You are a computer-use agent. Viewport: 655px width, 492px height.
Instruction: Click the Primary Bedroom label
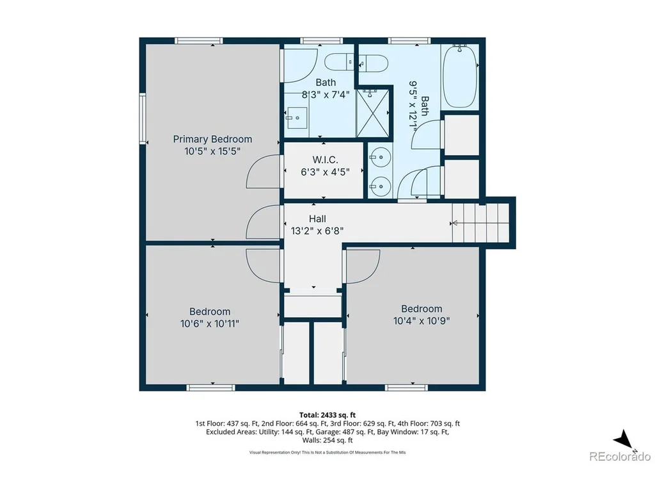click(212, 139)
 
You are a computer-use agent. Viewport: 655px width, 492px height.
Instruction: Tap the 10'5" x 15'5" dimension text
click(212, 151)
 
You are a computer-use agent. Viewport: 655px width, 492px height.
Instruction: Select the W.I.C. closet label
click(326, 160)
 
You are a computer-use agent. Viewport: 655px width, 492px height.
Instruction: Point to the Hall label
click(317, 218)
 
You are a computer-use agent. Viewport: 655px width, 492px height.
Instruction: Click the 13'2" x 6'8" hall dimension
click(317, 231)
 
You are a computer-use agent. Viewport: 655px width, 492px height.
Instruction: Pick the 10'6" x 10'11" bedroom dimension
click(210, 324)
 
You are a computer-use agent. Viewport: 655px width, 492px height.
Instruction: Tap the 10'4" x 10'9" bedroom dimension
click(422, 320)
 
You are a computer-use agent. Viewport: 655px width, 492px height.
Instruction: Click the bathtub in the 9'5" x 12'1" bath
click(459, 77)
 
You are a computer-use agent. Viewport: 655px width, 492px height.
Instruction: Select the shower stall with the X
click(373, 113)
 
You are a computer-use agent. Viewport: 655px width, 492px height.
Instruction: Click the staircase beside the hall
click(481, 223)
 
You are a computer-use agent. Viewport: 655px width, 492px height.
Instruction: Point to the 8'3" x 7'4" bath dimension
click(326, 95)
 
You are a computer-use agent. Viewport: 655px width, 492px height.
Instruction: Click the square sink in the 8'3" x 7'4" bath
click(297, 118)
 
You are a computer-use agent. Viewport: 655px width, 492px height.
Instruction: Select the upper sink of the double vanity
click(380, 158)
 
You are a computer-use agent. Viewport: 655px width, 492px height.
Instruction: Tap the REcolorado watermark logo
click(620, 456)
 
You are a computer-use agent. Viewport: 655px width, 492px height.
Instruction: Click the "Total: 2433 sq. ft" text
click(327, 415)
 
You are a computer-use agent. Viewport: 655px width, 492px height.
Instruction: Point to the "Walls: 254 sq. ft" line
click(327, 440)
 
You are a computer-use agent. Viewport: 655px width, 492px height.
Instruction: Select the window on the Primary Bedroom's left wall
click(143, 119)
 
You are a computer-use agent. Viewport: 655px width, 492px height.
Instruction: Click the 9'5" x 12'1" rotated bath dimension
click(419, 106)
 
